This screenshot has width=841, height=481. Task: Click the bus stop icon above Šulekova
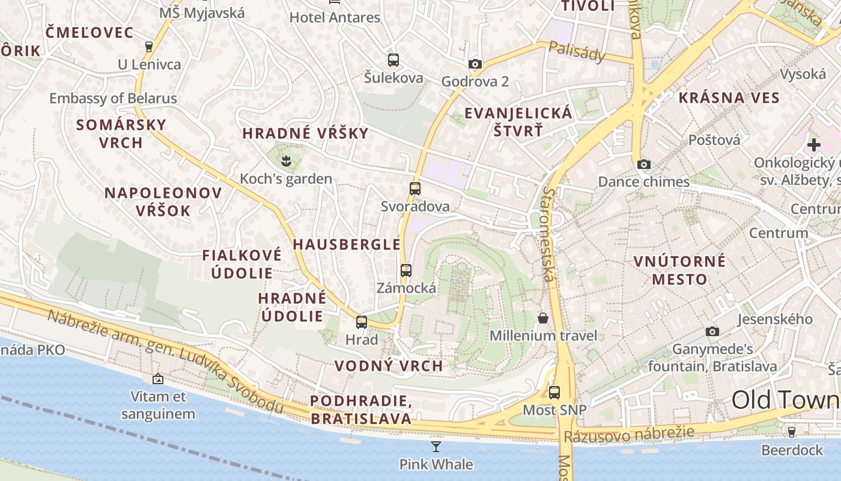point(393,60)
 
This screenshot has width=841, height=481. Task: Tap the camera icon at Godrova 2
point(475,64)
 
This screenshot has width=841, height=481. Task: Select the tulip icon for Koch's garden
point(285,161)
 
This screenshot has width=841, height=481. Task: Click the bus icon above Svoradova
point(414,188)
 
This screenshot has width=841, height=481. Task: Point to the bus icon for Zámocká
point(406,270)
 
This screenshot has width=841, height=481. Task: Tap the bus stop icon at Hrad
point(361,322)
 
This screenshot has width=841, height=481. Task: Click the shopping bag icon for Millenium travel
point(543,317)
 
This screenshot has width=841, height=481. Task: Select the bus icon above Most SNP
point(554,393)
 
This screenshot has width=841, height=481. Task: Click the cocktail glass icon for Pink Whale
point(436,446)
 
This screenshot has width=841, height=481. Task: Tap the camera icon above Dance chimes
point(643,164)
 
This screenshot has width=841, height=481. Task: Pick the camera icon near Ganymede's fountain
point(712,331)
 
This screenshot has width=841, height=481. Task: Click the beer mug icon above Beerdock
point(791,432)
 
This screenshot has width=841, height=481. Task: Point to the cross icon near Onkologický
point(813,145)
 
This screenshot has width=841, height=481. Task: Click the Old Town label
point(785,400)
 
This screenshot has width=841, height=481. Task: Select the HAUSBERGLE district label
point(346,244)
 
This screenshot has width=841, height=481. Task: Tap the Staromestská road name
point(548,234)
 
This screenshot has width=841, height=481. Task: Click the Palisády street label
point(577,53)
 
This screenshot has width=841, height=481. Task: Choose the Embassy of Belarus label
point(113,99)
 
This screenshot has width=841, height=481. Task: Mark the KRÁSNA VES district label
point(729,98)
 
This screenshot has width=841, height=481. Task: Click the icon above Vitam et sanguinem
point(158,379)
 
